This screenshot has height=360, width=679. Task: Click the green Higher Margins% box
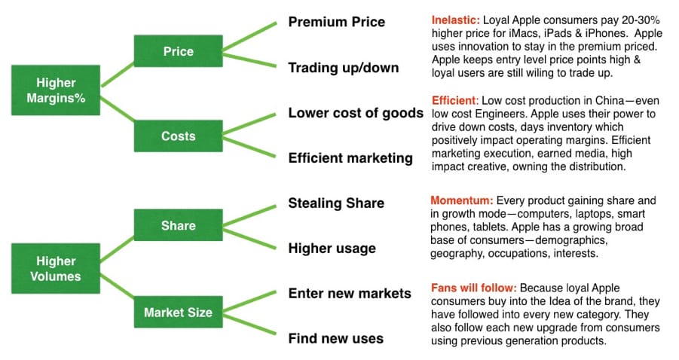coord(56,90)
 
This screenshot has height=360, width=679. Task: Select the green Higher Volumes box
coord(56,268)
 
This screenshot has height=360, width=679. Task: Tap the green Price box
coord(179,51)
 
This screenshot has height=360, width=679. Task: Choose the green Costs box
coord(179,136)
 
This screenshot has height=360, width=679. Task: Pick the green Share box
coord(179,225)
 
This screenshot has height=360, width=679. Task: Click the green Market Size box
coord(179,312)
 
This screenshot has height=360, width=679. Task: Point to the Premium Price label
coord(336,22)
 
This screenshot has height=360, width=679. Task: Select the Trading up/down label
coord(344,68)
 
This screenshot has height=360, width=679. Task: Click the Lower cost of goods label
coord(356,113)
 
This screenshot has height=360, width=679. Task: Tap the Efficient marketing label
coord(350,158)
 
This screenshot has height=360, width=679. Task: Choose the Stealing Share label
coord(336,203)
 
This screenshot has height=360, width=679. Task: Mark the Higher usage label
coord(332,249)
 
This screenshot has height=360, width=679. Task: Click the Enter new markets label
coord(350,294)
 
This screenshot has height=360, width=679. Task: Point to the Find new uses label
coord(335,338)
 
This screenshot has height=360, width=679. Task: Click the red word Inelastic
coord(455,20)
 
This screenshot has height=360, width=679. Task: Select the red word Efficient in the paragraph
coord(454,101)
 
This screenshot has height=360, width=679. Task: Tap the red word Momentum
coord(462,201)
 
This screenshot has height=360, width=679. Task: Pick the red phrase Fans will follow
coord(474,288)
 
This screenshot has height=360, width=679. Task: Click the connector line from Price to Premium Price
coord(249,37)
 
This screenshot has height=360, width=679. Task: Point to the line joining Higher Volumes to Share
coord(117,249)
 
